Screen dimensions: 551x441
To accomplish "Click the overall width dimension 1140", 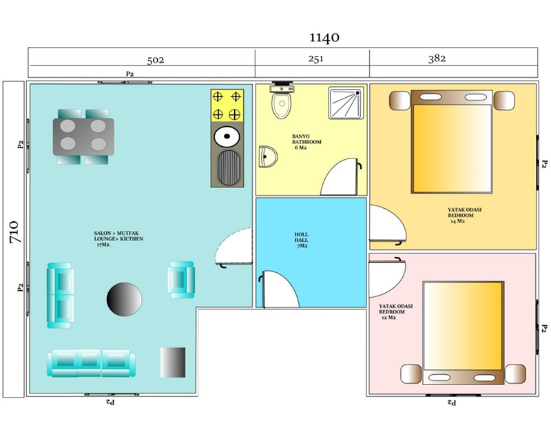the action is pos(324,37).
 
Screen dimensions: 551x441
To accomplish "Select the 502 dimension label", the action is pos(156,60).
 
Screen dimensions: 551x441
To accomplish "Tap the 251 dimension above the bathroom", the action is pos(315,59).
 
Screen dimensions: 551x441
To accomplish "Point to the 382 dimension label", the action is pos(437,59).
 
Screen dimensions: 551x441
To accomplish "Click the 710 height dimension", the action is pos(14,232).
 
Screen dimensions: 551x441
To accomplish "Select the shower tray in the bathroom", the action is pos(346,103).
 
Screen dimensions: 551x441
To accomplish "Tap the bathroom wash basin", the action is pos(267,157).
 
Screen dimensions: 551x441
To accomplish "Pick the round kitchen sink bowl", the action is pos(227,136).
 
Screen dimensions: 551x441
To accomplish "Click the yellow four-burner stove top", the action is pos(227,105).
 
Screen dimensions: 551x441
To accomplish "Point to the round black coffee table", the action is pos(124,299).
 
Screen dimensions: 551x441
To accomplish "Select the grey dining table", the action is pos(83,137).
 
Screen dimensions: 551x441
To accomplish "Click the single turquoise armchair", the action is pos(181,280).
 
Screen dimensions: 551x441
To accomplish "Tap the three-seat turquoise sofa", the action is pos(91,364).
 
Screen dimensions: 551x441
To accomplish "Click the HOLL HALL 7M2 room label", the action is pos(302,240).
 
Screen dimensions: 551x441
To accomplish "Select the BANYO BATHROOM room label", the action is pos(306,142).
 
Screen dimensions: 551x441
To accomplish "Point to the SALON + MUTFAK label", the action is pos(116,233).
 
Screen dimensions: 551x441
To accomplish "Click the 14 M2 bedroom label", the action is pos(458,221).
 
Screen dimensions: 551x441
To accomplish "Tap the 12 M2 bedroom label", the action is pos(388,318).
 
